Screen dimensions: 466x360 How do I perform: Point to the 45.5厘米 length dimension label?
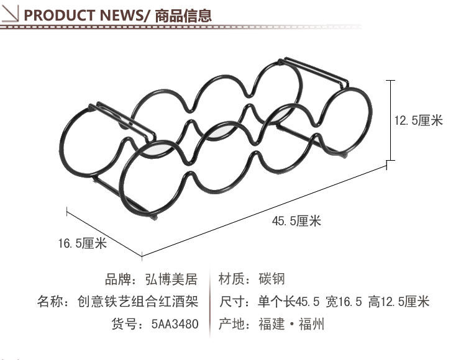(296, 221)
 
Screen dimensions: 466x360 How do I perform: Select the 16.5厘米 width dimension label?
(82, 243)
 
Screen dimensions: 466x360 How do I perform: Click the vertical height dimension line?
(390, 121)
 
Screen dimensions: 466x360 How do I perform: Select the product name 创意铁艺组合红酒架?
(137, 302)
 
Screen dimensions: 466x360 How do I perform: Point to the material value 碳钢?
(272, 279)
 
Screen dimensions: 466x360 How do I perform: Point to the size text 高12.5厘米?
(398, 302)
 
